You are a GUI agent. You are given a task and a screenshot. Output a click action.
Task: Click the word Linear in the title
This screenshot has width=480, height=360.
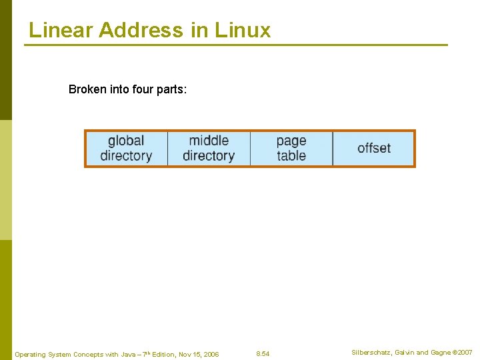click(x=61, y=30)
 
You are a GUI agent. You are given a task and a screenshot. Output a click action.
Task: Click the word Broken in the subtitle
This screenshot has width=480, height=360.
click(x=87, y=89)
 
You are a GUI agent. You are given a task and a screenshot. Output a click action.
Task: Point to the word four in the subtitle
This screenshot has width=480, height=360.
click(x=143, y=89)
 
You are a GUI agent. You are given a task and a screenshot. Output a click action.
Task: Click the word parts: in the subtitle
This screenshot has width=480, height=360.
click(x=171, y=89)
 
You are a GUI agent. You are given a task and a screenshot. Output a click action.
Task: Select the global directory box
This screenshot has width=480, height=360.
click(x=126, y=148)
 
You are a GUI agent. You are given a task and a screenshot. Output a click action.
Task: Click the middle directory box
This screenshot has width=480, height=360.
click(x=209, y=148)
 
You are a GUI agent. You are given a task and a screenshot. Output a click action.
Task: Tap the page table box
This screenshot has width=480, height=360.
click(x=291, y=148)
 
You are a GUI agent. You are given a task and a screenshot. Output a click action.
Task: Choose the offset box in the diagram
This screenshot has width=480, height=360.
click(x=374, y=148)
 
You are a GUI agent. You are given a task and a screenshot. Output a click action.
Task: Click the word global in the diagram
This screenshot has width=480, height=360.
click(x=126, y=141)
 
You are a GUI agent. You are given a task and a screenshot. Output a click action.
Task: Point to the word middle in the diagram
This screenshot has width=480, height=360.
click(x=209, y=141)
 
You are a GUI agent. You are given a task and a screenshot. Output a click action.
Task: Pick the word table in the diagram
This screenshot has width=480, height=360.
click(x=291, y=156)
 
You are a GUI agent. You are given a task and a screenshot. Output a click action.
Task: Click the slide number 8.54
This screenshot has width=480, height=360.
click(x=263, y=354)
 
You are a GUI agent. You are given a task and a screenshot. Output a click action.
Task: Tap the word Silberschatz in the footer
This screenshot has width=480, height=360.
click(x=372, y=352)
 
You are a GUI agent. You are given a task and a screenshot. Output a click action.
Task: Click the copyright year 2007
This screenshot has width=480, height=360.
click(x=464, y=352)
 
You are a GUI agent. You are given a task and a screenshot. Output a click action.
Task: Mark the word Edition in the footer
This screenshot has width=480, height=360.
click(x=163, y=354)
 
